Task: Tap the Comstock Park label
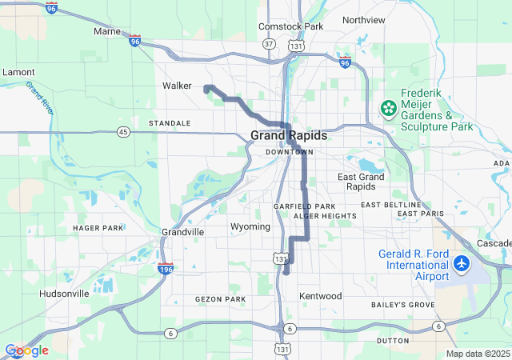290,26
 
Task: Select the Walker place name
177,86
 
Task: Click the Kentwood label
320,296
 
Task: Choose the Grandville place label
182,231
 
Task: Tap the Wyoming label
250,226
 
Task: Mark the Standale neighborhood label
170,123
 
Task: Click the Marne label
106,31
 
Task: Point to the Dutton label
392,340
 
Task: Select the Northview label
363,20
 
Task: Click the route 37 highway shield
269,43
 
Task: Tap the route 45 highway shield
122,131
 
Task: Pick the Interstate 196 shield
166,269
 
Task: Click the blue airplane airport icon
462,263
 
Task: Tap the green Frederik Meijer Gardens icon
388,107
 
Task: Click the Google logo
26,350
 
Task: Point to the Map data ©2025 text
478,354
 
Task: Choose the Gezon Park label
220,299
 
